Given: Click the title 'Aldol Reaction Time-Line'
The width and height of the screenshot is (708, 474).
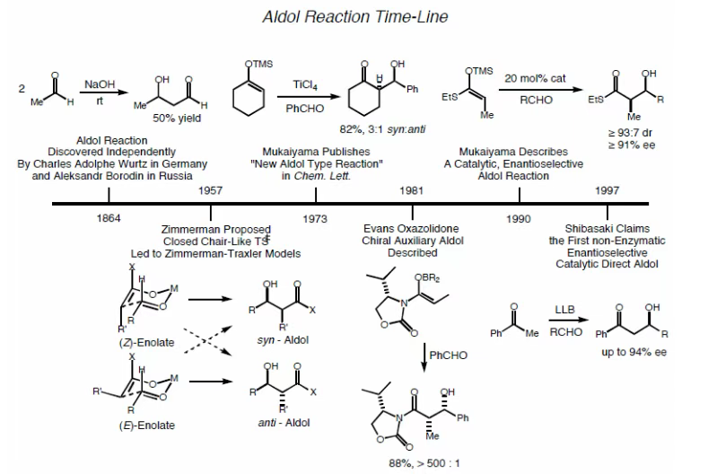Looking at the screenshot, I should pyautogui.click(x=354, y=17).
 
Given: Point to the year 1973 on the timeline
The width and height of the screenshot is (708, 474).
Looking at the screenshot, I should pyautogui.click(x=315, y=218).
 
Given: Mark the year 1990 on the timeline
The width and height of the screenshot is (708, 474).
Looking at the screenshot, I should pyautogui.click(x=518, y=218).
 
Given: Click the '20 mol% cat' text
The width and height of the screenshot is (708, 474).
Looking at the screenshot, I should pyautogui.click(x=533, y=78).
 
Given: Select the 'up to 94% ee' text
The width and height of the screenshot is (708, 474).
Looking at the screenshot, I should pyautogui.click(x=634, y=352).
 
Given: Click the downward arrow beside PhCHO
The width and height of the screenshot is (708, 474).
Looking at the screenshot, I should pyautogui.click(x=424, y=355).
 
